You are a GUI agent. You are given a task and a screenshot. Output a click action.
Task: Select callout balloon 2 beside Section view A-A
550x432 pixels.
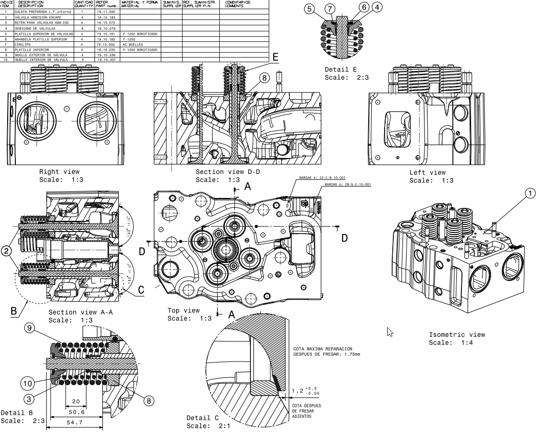pos(6,251)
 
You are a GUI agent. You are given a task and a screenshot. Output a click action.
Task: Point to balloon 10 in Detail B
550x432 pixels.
pos(28,383)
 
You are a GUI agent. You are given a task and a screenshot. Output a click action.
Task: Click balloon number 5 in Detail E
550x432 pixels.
pos(309,8)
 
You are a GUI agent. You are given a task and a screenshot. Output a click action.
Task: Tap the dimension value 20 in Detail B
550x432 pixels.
pos(76,401)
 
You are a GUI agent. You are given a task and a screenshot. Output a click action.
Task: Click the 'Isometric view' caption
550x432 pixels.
pos(457,335)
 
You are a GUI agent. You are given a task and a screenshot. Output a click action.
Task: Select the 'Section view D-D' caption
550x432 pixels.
pos(227,172)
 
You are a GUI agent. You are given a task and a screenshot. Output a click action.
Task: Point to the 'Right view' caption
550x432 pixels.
pos(59,172)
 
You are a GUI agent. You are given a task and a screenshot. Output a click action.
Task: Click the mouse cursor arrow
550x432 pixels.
pos(390,332)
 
